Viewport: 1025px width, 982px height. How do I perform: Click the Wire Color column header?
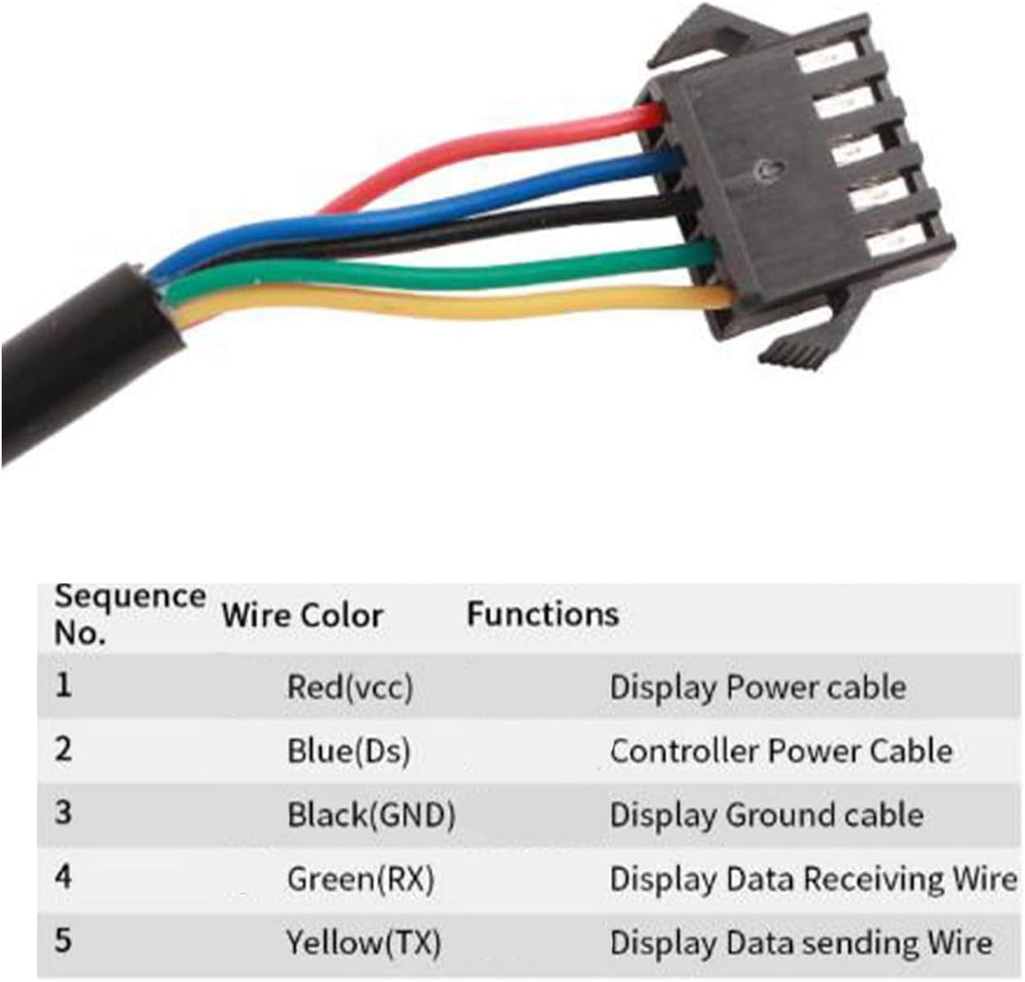pyautogui.click(x=302, y=616)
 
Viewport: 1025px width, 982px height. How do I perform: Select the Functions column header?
pyautogui.click(x=543, y=614)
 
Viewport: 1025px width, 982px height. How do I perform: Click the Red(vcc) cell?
pyautogui.click(x=349, y=687)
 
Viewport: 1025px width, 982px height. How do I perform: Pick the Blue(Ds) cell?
pyautogui.click(x=348, y=751)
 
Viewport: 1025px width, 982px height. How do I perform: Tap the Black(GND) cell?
pyautogui.click(x=371, y=815)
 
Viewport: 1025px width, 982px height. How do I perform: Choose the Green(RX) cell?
pyautogui.click(x=361, y=879)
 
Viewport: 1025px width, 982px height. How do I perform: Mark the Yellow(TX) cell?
pyautogui.click(x=363, y=943)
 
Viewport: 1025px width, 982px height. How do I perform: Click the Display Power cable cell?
pyautogui.click(x=757, y=687)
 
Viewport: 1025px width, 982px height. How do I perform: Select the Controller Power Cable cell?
pyautogui.click(x=780, y=750)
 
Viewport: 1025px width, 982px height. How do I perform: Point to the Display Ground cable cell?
pyautogui.click(x=766, y=815)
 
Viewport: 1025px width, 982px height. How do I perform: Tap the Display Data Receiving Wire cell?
pyautogui.click(x=813, y=879)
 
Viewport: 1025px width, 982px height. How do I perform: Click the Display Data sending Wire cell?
pyautogui.click(x=801, y=943)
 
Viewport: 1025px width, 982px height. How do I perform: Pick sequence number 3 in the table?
pyautogui.click(x=63, y=813)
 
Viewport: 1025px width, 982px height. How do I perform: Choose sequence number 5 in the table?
pyautogui.click(x=63, y=941)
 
